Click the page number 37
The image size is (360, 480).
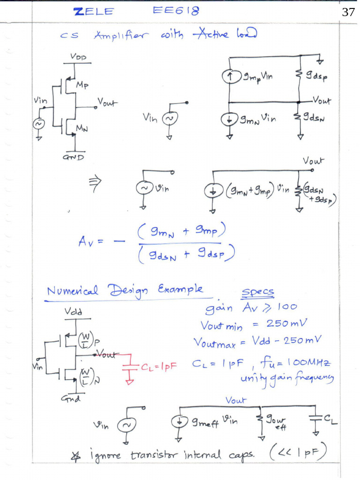[348, 12]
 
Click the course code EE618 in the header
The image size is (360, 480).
[176, 11]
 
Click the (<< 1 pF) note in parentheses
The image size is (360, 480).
[298, 452]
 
